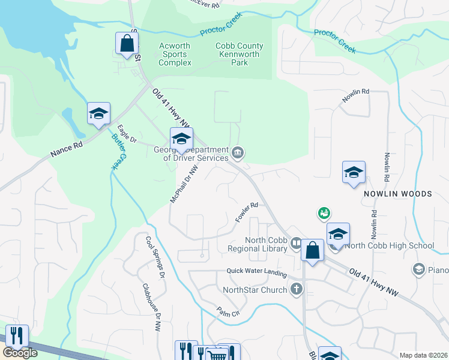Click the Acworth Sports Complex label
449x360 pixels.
tap(175, 54)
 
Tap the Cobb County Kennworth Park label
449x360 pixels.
tap(239, 54)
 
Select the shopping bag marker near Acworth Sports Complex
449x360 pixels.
tap(127, 44)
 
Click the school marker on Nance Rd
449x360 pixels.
tap(98, 113)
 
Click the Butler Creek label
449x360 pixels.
tap(118, 152)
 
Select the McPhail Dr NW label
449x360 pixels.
tap(183, 184)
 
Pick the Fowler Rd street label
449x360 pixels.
tap(246, 214)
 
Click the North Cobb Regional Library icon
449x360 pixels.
tap(296, 244)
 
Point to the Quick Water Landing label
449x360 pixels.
tap(256, 271)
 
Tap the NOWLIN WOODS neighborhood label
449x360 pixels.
tap(398, 194)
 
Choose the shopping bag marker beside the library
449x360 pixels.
tap(312, 251)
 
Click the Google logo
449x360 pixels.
tap(20, 352)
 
